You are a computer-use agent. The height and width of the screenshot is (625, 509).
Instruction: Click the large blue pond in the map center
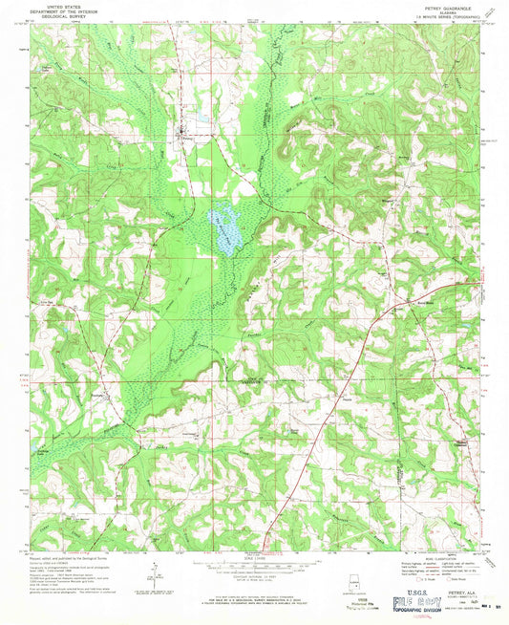226,232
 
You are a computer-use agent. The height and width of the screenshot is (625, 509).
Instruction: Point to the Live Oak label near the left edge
44,297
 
